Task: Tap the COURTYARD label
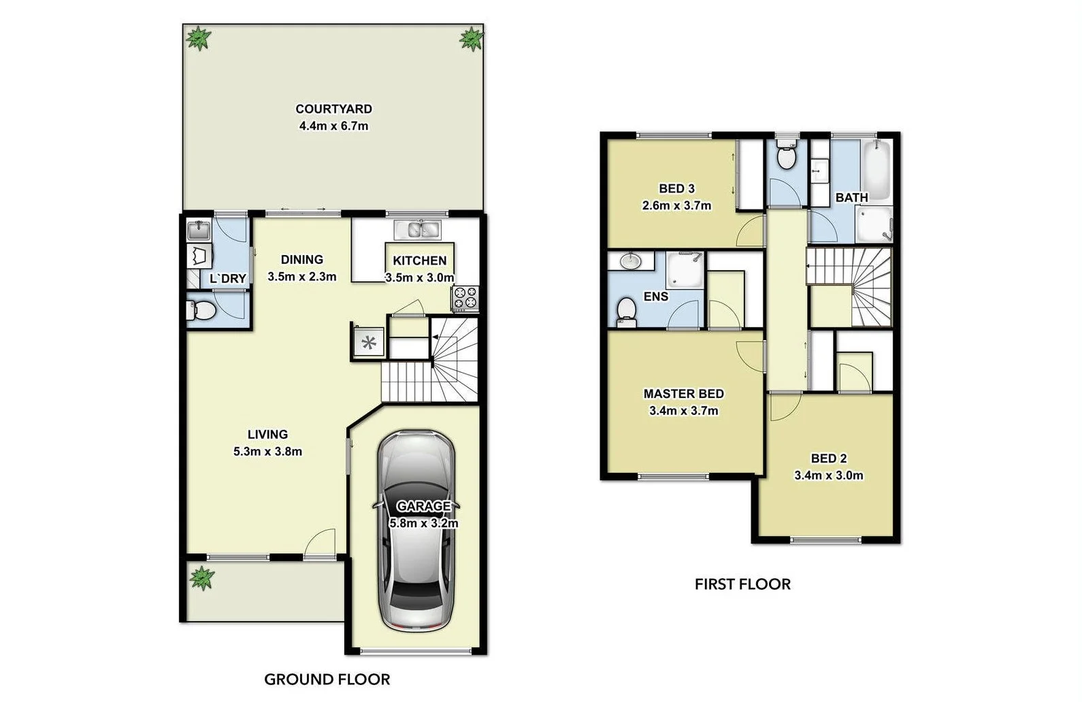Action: [x=333, y=109]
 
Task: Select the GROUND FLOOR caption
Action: [x=327, y=679]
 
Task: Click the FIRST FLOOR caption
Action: [x=742, y=584]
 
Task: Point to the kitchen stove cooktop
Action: [x=464, y=298]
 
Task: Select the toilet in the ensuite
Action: [x=625, y=312]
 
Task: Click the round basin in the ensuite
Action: [x=631, y=261]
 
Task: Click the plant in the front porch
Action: [x=201, y=578]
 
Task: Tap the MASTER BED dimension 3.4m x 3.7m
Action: [x=684, y=411]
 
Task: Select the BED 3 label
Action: [x=676, y=188]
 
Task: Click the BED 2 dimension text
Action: [x=828, y=475]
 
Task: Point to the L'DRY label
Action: [x=227, y=278]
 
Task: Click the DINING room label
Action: [x=301, y=259]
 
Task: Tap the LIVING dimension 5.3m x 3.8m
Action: [x=267, y=451]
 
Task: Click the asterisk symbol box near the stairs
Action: [x=369, y=342]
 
